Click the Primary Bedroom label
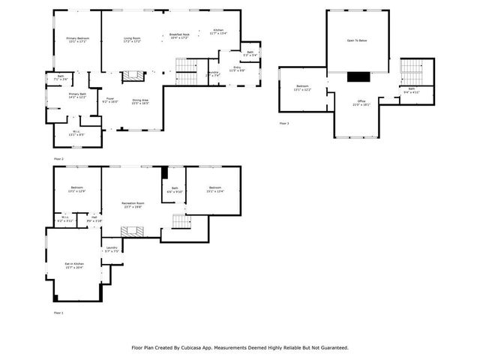76,40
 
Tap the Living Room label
133,40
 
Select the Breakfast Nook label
178,35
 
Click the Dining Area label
140,101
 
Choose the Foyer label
109,100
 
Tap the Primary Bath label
77,96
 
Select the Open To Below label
357,40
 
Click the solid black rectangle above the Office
358,76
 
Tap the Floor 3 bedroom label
302,88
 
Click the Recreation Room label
133,205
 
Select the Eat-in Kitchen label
73,265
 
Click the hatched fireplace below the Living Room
133,75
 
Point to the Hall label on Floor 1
94,219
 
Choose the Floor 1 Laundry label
111,249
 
